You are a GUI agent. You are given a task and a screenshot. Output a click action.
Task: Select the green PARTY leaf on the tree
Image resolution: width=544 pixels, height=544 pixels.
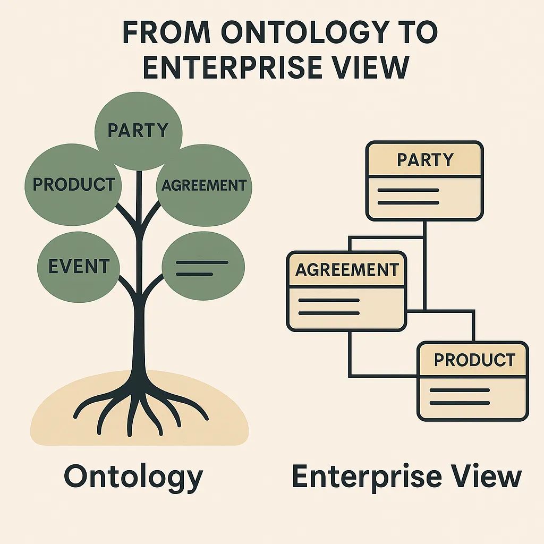pos(138,130)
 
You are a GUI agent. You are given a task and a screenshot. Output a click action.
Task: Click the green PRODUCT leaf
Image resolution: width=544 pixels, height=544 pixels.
pos(73,184)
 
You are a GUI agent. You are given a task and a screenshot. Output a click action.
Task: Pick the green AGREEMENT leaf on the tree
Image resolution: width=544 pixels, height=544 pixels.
pos(204,185)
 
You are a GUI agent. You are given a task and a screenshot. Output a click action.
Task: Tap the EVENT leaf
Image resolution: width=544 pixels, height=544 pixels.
pos(79,266)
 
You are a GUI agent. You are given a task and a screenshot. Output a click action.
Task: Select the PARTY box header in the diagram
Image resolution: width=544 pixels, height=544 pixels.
pos(425,159)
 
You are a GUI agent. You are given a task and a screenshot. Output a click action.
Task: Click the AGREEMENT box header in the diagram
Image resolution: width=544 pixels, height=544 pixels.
pos(346,269)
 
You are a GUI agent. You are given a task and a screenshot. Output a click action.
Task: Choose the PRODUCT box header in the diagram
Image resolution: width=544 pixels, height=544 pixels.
pos(474,360)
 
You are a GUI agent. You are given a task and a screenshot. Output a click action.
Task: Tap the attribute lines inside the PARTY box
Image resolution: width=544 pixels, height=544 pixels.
pos(407,196)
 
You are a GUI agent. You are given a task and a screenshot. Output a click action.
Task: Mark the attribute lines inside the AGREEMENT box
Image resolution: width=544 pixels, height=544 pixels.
pos(329,307)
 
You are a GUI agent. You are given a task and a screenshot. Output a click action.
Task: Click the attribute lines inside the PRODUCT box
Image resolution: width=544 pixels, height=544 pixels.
pos(459,396)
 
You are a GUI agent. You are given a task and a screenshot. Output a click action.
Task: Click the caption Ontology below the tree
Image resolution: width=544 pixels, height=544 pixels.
pos(133,476)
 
